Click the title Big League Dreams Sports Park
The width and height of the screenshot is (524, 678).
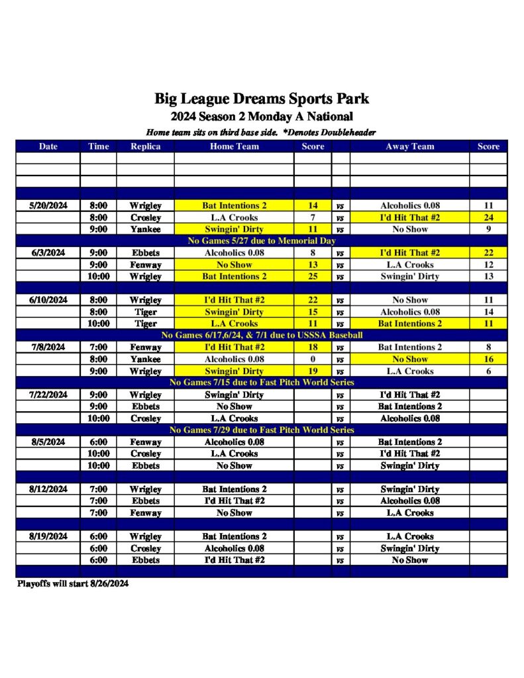pos(262,99)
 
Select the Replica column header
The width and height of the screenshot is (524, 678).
pos(145,146)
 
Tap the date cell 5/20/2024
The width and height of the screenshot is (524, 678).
pos(48,206)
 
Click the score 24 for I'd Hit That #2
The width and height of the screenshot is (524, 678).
pos(488,218)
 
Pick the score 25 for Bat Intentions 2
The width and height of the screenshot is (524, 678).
pos(313,276)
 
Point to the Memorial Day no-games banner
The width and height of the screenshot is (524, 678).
pos(262,241)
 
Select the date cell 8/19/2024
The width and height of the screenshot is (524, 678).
pos(48,536)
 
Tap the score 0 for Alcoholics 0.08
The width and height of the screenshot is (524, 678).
pos(313,360)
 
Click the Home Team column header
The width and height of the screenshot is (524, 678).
pos(234,146)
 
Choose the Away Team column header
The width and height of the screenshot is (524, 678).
pos(409,146)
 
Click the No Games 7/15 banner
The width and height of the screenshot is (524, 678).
pos(262,383)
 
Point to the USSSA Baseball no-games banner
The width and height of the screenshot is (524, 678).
pos(262,336)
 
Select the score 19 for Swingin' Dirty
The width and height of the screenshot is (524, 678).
pos(313,371)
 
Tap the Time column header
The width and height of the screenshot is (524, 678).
pos(98,146)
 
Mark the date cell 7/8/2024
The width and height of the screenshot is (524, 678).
pos(48,347)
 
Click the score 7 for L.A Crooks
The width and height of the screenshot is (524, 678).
pos(313,218)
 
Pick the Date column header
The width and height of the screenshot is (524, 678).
pos(48,146)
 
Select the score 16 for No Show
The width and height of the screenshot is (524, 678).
pos(488,360)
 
